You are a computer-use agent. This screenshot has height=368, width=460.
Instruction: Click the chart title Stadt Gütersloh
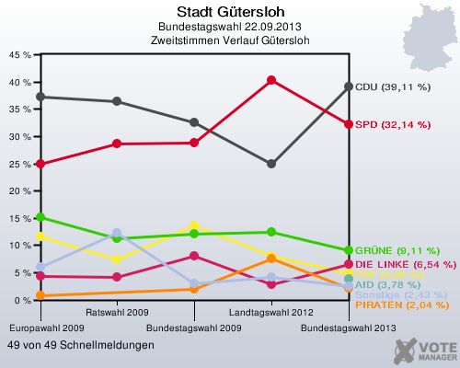point(231,11)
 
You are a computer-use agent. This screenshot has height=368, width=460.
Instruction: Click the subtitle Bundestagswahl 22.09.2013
point(231,27)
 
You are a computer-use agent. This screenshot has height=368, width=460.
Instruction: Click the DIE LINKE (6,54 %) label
point(405,264)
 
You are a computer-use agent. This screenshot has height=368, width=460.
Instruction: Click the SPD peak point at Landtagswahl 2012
point(271,80)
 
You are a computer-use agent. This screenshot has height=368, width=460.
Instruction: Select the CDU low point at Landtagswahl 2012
point(271,164)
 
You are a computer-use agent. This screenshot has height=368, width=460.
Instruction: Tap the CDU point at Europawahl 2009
point(39,97)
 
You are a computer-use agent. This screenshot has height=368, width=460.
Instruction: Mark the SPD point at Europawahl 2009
point(39,164)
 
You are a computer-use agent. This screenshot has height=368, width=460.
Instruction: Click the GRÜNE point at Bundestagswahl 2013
point(349,250)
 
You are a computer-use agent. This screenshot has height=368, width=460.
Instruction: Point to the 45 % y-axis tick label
point(18,54)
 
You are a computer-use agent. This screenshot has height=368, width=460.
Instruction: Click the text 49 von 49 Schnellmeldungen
point(81,345)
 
